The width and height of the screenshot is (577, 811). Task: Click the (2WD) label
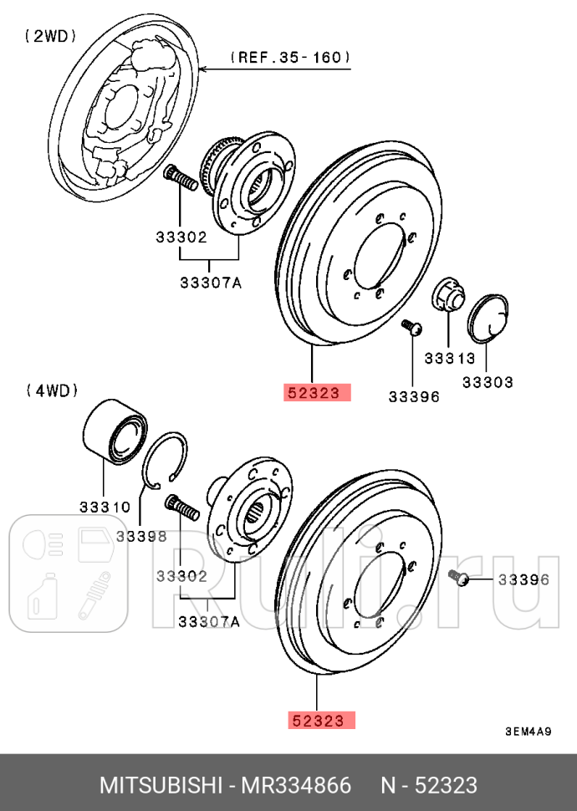pos(50,36)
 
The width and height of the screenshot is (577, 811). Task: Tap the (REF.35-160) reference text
pos(290,58)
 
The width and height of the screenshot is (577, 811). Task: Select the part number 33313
pos(449,359)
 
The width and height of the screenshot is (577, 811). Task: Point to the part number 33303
pos(488,382)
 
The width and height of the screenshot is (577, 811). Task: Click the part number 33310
pos(105,507)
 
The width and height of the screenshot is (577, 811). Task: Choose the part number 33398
pos(141,535)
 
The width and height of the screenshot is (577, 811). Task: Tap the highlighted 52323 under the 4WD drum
pos(322,719)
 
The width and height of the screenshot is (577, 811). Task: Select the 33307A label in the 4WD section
pos(208,621)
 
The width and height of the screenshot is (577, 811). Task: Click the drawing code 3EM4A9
pos(528,732)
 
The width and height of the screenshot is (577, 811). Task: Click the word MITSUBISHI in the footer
pos(159,784)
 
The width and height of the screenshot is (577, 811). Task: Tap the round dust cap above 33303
pos(490,319)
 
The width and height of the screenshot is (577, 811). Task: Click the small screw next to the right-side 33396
pos(458,578)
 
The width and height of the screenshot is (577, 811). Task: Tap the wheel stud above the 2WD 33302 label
pos(181,178)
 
